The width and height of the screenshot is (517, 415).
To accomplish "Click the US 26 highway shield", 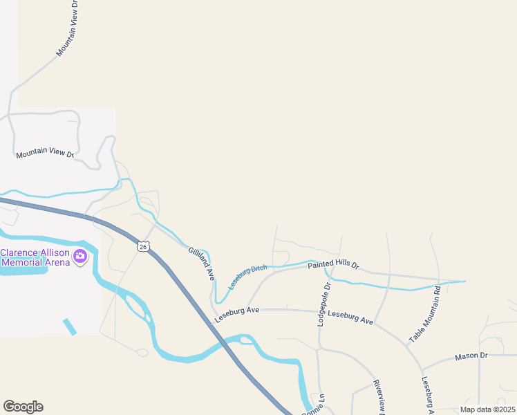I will [142, 246].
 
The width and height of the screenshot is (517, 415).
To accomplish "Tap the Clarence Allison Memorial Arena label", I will [35, 257].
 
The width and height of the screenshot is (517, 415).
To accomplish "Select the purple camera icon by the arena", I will [80, 257].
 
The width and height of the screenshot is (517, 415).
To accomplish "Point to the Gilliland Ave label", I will [202, 263].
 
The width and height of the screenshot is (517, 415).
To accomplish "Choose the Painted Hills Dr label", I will [334, 265].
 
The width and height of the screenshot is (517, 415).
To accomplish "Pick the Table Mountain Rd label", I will [425, 315].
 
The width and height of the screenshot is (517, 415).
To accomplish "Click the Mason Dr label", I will [471, 356].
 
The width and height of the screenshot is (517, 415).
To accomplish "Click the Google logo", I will [23, 407].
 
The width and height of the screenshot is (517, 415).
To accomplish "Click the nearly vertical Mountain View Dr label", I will [68, 28].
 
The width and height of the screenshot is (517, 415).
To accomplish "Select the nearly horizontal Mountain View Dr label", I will [45, 152].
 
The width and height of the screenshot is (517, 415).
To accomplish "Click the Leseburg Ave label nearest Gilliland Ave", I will [236, 315].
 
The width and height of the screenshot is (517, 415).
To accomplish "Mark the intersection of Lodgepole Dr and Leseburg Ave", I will [319, 311].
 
